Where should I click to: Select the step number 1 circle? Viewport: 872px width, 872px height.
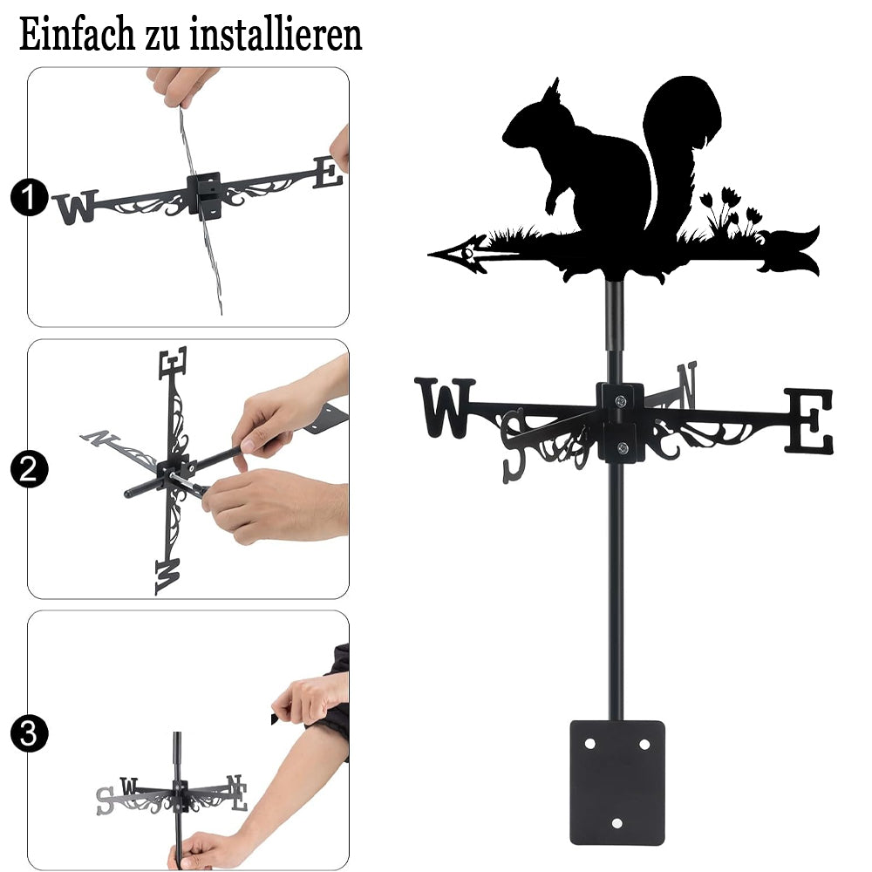click(x=29, y=197)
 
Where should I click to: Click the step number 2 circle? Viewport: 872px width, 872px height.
click(x=29, y=469)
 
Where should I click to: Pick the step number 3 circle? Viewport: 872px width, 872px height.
click(x=29, y=733)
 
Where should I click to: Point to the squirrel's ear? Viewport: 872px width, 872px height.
click(x=552, y=91)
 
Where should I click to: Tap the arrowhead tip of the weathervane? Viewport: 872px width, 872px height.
click(x=429, y=254)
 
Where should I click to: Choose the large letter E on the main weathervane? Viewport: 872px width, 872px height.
click(x=808, y=420)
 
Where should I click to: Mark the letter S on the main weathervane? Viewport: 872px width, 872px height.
click(x=513, y=446)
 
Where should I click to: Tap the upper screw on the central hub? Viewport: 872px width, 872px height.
click(x=621, y=399)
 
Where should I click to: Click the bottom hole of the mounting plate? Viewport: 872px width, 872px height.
click(x=617, y=823)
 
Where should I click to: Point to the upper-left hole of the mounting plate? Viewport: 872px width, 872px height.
click(x=590, y=744)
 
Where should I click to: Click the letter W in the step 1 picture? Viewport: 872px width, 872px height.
click(x=76, y=208)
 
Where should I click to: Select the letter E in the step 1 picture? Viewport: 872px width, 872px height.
click(x=328, y=173)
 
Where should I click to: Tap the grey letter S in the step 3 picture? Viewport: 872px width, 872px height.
click(x=105, y=801)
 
